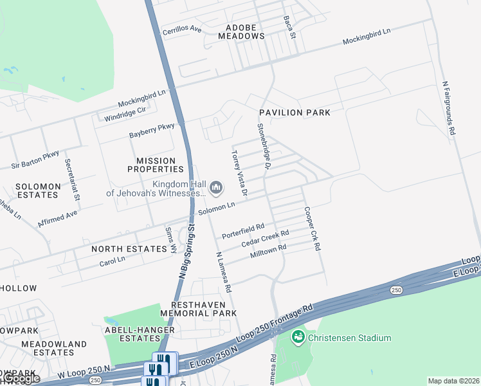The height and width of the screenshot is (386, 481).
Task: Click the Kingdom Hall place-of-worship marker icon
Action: coord(216,188)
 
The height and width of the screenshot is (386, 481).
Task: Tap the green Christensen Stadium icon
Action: coord(297,336)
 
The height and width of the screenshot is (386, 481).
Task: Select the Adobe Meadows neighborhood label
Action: coord(244,32)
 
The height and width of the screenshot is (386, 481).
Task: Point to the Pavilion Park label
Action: coord(295,113)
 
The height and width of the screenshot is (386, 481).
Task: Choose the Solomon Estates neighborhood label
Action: coord(39,190)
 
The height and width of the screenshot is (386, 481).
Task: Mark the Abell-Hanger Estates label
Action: coord(139,335)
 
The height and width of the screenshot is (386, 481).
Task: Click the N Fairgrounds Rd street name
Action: coord(449,107)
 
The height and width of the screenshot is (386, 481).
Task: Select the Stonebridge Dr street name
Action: coord(265,147)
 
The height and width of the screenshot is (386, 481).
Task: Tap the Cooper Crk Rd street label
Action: coord(312,228)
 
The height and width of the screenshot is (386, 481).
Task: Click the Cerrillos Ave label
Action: coord(182,30)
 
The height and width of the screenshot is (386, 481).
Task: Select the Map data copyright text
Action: coord(453,381)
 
